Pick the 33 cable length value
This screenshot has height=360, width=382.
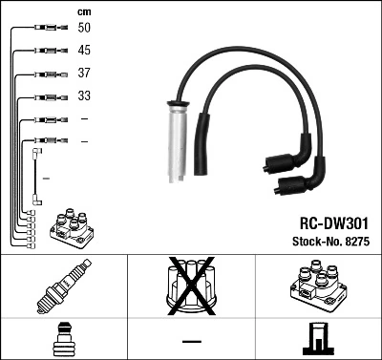[x=85, y=96]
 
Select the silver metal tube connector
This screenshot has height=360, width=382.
[x=177, y=144]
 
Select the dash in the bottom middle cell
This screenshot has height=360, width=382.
[x=191, y=341]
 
